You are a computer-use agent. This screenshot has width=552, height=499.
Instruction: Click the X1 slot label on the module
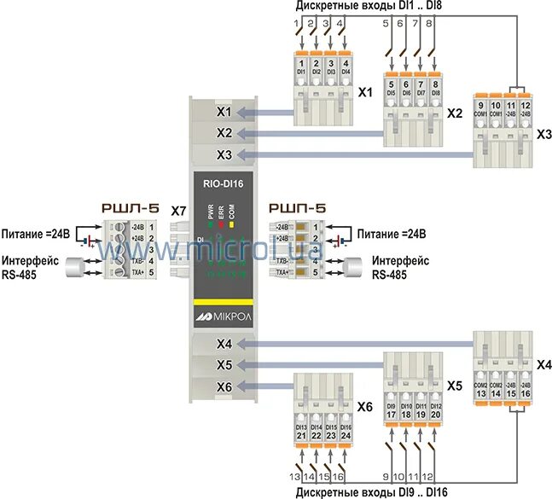[x=224, y=112]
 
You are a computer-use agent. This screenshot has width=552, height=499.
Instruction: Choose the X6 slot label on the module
[x=224, y=386]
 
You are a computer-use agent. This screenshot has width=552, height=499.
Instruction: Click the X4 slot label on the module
[x=224, y=344]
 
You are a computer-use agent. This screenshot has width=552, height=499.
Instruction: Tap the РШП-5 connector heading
[x=297, y=208]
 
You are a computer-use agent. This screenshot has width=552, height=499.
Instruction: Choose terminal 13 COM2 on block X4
[x=482, y=388]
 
